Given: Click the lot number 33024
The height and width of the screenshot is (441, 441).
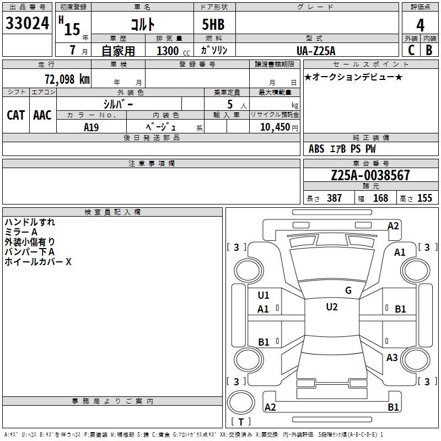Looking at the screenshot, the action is [27, 23].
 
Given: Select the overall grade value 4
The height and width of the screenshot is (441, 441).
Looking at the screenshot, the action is [420, 25].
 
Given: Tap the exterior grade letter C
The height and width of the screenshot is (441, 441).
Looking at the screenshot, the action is [411, 50].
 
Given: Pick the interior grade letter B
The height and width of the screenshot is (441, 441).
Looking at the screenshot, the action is [429, 50].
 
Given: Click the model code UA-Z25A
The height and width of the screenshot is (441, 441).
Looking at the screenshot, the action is [316, 51].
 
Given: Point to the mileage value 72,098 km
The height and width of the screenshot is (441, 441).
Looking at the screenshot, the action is [67, 79].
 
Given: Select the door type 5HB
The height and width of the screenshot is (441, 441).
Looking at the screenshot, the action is [213, 24].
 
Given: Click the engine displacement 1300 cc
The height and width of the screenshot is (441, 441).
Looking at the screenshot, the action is [173, 51].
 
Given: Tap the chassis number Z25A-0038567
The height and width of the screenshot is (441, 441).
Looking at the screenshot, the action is [370, 175].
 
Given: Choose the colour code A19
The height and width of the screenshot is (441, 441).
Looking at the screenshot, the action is [91, 127].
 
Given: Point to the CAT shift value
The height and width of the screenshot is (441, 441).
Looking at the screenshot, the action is [16, 115].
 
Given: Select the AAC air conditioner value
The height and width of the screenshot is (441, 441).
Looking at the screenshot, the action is [42, 115].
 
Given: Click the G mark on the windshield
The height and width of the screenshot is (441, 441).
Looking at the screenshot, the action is [348, 291].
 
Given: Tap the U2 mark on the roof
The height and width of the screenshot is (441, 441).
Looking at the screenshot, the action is [332, 307].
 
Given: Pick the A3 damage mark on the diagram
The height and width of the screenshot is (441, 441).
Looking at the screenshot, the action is [392, 357].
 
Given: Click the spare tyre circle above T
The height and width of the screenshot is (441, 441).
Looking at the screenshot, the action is [241, 402].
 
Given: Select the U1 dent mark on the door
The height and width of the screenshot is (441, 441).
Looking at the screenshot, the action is [263, 295].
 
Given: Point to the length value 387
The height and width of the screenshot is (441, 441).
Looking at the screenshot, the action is [334, 198].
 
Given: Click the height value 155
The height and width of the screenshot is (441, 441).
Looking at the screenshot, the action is [424, 198].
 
